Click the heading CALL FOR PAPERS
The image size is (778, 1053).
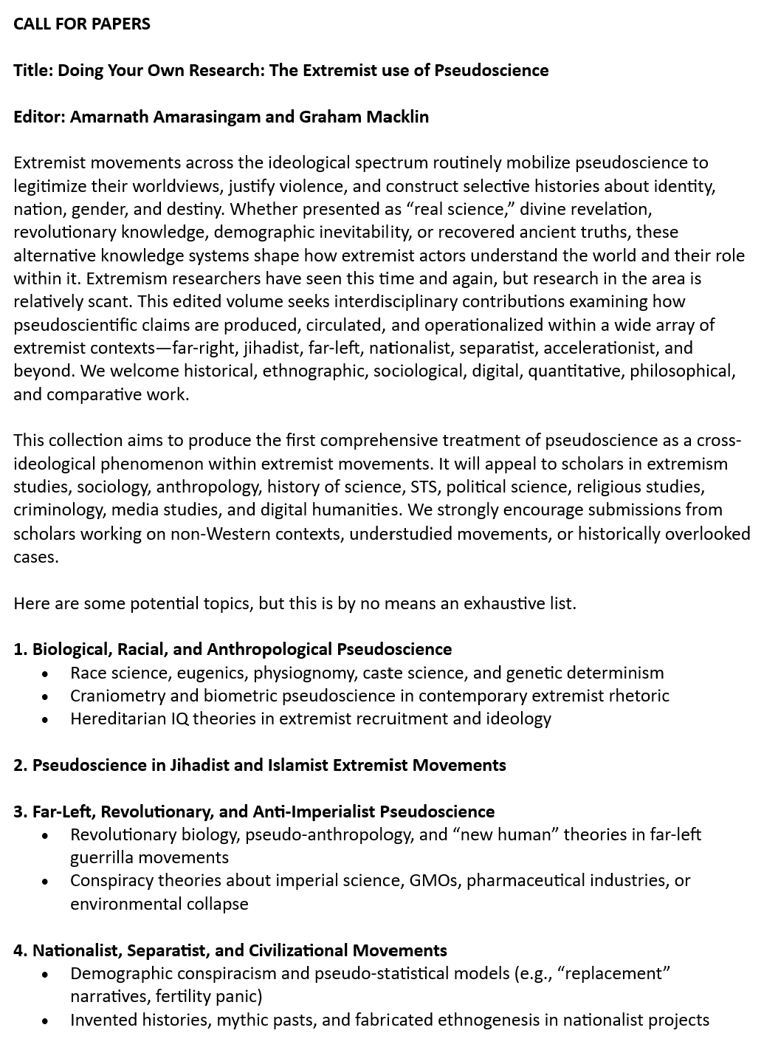click(x=82, y=24)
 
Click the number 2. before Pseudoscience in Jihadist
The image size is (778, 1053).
click(x=20, y=765)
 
